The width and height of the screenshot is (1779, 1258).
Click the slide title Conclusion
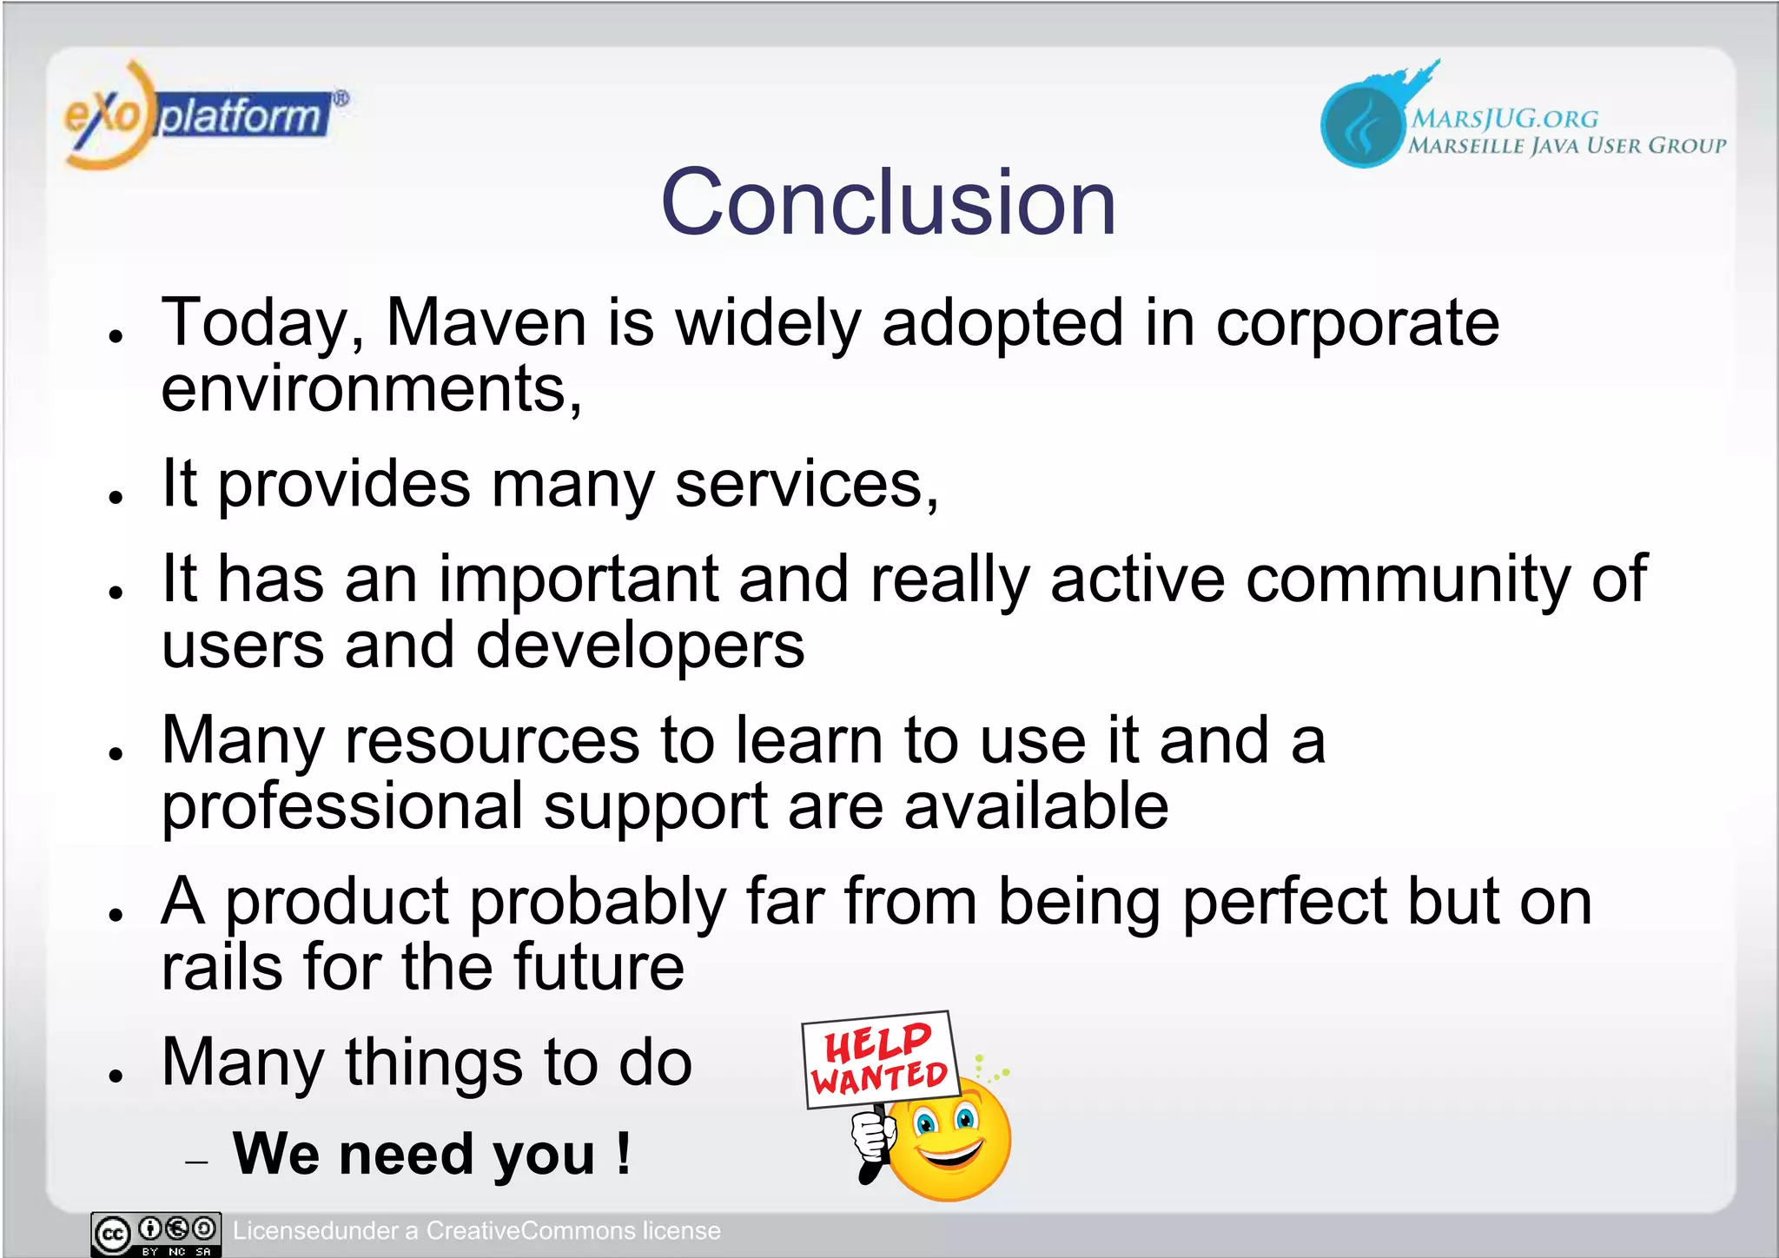point(888,202)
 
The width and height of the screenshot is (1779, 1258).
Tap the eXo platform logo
point(204,116)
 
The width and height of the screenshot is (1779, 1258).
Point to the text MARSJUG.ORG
point(1504,118)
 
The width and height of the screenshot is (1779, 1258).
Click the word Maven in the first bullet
point(486,322)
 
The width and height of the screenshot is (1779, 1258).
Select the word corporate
point(1357,324)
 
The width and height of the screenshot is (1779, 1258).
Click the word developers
point(640,646)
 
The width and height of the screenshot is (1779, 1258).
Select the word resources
point(492,740)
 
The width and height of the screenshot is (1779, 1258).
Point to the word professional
point(342,806)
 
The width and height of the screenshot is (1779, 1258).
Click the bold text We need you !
point(432,1154)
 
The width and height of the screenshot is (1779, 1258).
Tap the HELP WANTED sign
point(880,1060)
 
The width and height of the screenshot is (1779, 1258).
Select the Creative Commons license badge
point(156,1234)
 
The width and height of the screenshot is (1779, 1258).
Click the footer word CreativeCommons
point(530,1231)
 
